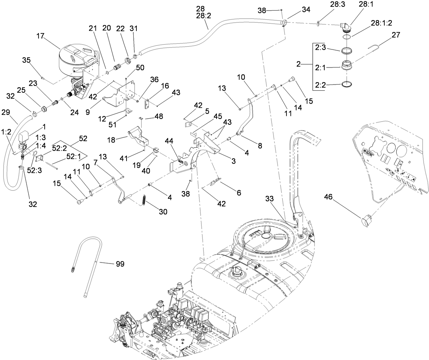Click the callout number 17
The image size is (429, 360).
40,36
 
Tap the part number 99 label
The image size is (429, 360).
120,264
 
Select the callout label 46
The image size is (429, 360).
328,197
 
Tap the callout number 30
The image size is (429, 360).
163,212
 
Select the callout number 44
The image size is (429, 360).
169,140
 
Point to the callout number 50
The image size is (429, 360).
140,67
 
